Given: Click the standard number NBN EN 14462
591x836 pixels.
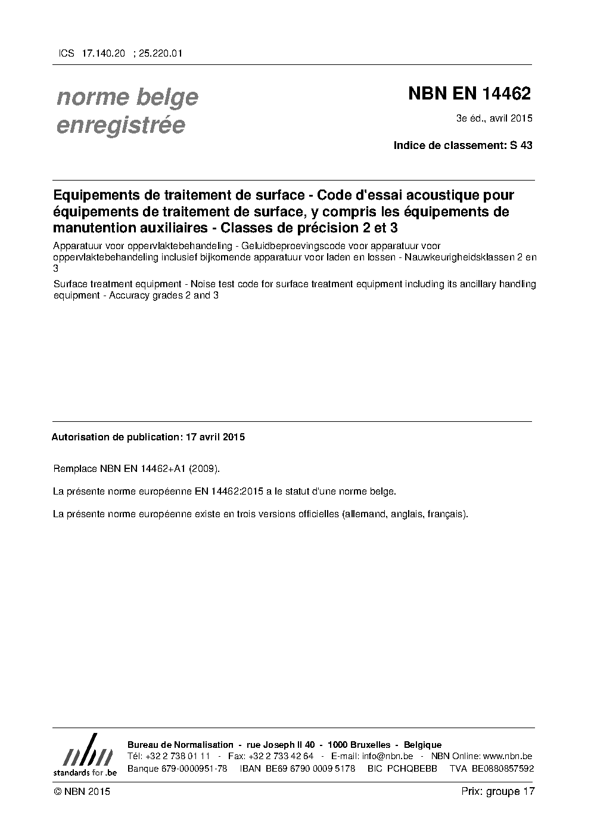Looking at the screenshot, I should [x=469, y=94].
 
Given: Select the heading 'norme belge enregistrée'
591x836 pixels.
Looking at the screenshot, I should [x=127, y=111].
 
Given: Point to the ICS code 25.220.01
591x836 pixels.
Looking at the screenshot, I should [x=160, y=53].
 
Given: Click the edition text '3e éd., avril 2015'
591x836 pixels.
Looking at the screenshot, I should [x=494, y=118].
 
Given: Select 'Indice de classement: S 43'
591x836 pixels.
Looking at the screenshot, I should [x=463, y=145].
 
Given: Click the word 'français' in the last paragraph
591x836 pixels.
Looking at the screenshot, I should [x=446, y=514].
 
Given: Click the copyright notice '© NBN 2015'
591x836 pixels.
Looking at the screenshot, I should [x=82, y=791].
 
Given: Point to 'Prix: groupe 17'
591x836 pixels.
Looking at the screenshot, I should [x=498, y=791].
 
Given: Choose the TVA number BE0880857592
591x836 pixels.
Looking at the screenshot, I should [x=503, y=769].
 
